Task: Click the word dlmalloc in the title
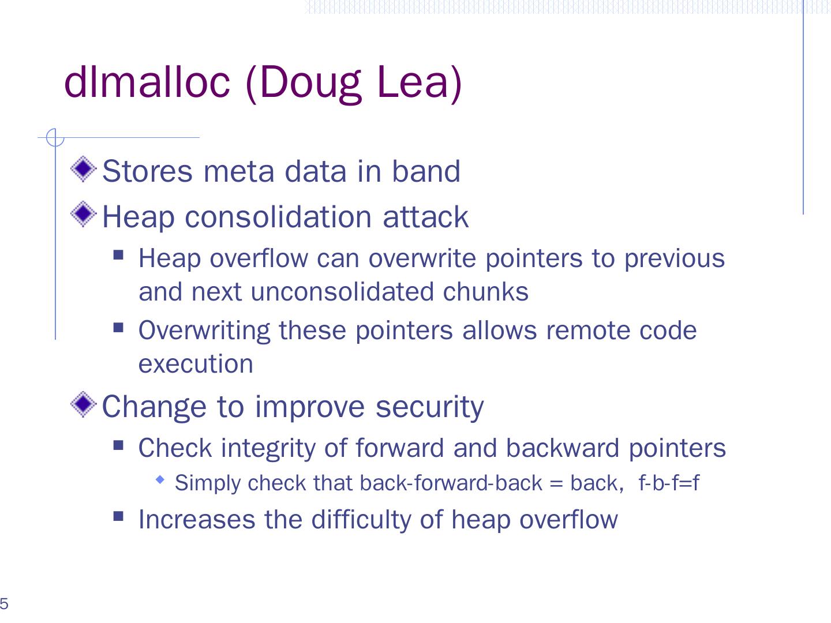147,82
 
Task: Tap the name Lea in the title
413,82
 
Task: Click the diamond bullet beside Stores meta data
83,168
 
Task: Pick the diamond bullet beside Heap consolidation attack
83,213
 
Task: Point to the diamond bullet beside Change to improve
83,404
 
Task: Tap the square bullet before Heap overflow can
118,255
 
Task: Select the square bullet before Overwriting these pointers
118,327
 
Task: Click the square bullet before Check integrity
118,445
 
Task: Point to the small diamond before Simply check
160,480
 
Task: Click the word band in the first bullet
426,171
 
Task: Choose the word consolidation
278,217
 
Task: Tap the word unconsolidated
342,292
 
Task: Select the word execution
196,364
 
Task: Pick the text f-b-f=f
669,483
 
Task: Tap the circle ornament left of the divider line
55,137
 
